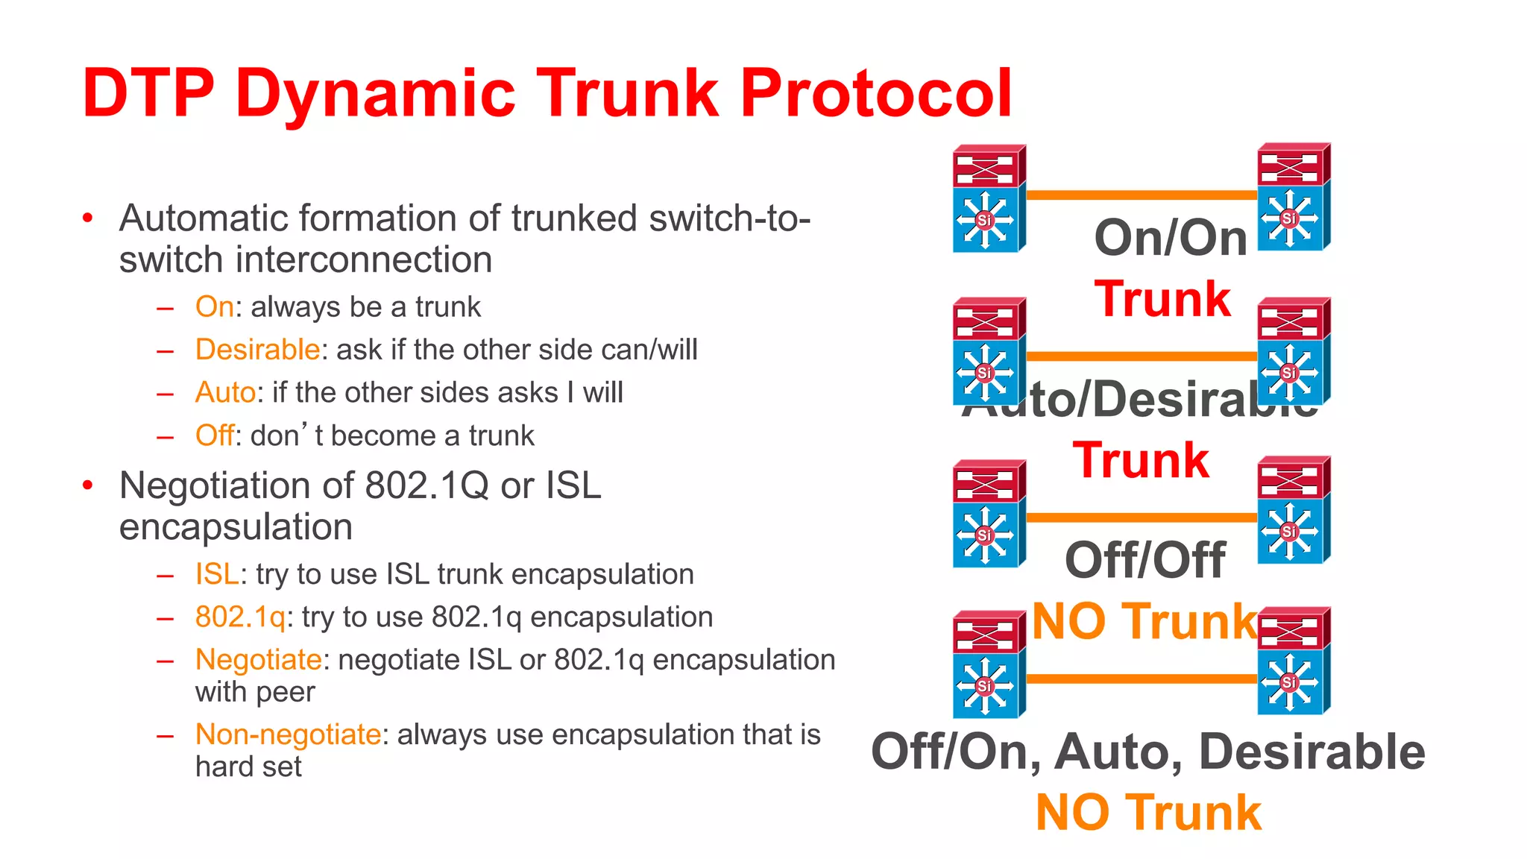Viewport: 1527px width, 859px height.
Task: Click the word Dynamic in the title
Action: pos(375,94)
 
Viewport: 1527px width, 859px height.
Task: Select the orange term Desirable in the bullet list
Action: pos(257,350)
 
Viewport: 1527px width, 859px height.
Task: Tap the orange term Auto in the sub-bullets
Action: pos(225,392)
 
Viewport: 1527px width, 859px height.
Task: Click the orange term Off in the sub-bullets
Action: pos(214,435)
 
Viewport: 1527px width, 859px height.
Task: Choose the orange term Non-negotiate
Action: pos(288,734)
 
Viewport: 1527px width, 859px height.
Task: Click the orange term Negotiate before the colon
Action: pos(258,660)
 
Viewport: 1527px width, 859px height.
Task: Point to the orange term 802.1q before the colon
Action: pos(240,617)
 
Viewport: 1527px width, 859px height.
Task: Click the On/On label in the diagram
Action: pos(1170,239)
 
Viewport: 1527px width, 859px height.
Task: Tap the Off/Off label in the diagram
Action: pos(1145,560)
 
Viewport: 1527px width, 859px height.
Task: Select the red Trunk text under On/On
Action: pos(1162,300)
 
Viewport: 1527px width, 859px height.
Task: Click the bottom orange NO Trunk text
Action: pos(1148,813)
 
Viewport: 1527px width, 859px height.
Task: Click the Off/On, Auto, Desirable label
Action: pos(1147,752)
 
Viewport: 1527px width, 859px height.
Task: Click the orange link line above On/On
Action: pos(1141,195)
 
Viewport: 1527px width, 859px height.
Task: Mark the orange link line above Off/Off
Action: pos(1141,517)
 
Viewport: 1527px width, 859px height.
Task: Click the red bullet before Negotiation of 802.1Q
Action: pos(88,485)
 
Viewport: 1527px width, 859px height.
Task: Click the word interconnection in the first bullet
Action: pos(363,260)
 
